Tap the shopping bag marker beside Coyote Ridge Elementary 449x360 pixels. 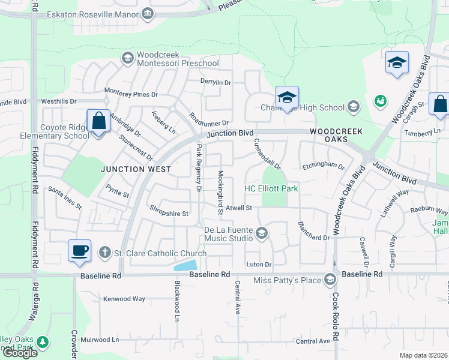tap(98, 121)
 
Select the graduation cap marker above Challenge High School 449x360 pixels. tap(287, 97)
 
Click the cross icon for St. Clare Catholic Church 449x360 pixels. tap(105, 253)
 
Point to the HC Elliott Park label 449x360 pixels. tap(271, 188)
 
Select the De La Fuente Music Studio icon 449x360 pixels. tap(261, 233)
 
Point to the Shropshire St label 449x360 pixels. tap(169, 213)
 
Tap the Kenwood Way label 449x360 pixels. tap(124, 298)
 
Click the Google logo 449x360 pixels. tap(20, 353)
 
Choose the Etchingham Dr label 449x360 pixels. tap(324, 166)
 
